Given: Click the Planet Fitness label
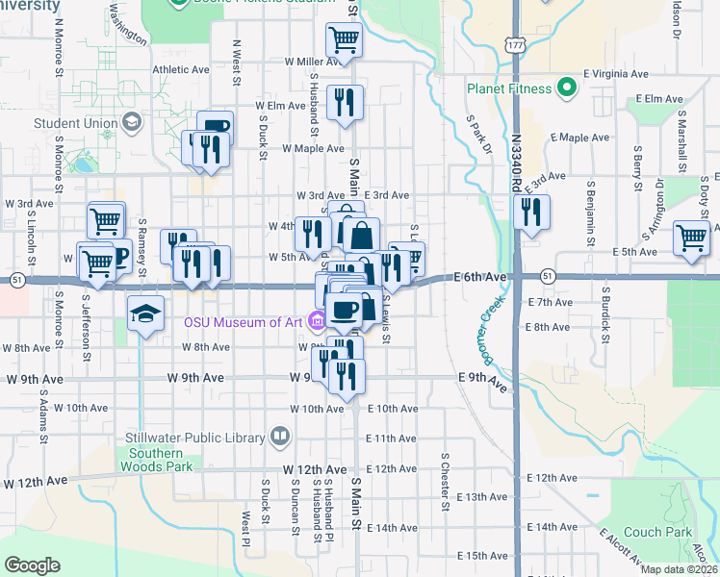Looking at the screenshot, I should click(509, 89).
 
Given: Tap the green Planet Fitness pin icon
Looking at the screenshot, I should click(567, 89).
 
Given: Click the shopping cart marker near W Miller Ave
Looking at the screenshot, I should click(344, 41).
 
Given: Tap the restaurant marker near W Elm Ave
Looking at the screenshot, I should click(344, 102).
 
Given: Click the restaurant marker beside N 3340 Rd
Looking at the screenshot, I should click(531, 213).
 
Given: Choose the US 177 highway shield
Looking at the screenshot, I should click(516, 44).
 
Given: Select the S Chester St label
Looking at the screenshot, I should click(446, 482).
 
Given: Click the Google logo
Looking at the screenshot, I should click(33, 565).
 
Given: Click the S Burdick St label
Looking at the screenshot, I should click(606, 314).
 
